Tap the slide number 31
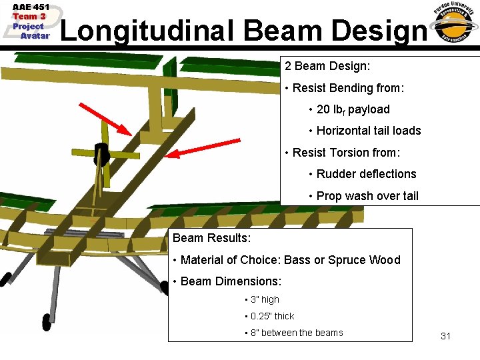tap(445, 336)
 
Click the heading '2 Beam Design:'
tap(327, 67)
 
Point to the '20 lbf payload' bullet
tap(353, 109)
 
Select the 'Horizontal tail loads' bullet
tap(369, 131)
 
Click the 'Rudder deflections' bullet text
tap(366, 174)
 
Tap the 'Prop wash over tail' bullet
tap(367, 195)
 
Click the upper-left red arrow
tap(105, 118)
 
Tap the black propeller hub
tap(101, 155)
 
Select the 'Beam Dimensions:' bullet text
tap(231, 281)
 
